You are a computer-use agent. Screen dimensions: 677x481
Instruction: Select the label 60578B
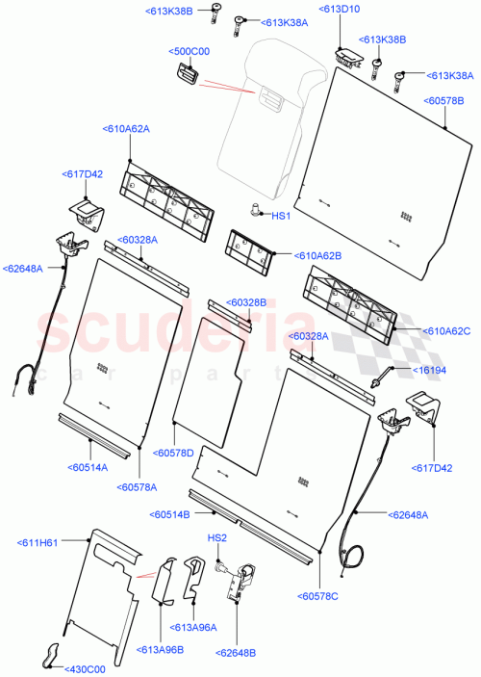coord(443,100)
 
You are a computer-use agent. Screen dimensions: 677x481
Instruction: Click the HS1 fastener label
coord(281,217)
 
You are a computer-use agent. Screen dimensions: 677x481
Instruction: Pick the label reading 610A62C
coord(447,331)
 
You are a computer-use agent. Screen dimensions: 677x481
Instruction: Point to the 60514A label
coord(89,467)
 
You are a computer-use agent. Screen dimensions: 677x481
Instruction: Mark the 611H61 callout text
coord(38,542)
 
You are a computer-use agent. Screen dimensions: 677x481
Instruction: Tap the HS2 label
coord(216,538)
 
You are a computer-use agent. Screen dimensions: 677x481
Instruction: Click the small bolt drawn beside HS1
coord(255,209)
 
